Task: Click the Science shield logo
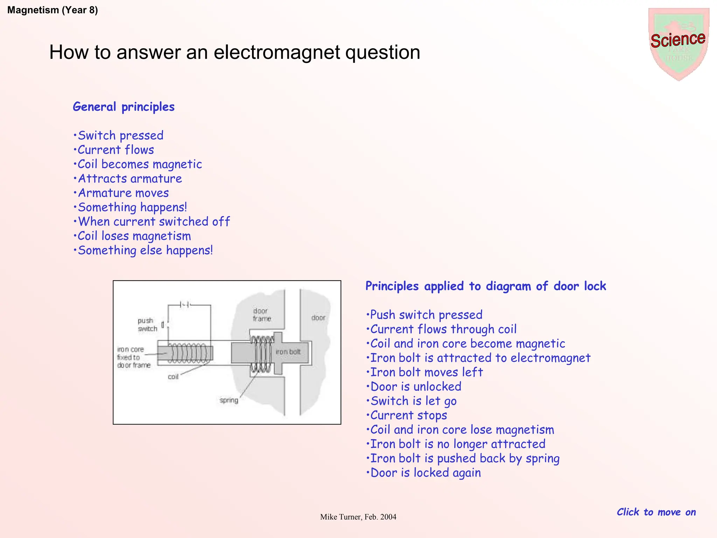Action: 678,43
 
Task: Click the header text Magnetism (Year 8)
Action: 53,10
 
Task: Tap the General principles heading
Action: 124,107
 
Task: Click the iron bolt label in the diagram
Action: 288,352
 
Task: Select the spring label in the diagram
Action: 229,400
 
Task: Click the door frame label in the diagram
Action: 262,315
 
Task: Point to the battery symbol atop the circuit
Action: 185,304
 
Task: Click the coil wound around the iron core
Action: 189,353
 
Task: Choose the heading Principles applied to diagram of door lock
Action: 486,286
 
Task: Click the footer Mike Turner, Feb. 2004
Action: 358,517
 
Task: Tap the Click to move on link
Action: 656,512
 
